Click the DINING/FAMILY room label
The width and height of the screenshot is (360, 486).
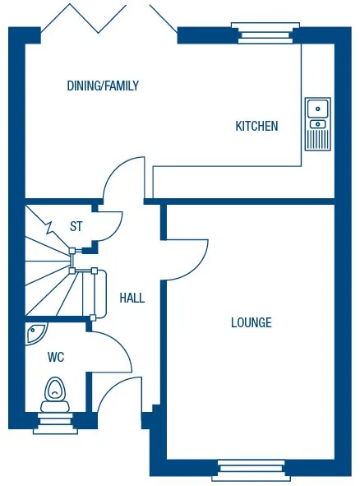tap(103, 86)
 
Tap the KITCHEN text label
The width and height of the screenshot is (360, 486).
tap(256, 126)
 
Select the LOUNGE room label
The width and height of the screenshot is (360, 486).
tap(251, 322)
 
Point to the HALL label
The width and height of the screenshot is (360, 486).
tap(132, 298)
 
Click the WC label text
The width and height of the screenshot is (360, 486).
tap(56, 358)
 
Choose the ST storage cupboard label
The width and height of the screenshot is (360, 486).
tap(76, 226)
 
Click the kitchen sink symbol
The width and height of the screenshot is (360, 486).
tap(317, 108)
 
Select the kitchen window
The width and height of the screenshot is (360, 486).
tap(261, 32)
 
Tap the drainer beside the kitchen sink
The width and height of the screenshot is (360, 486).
tap(317, 136)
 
